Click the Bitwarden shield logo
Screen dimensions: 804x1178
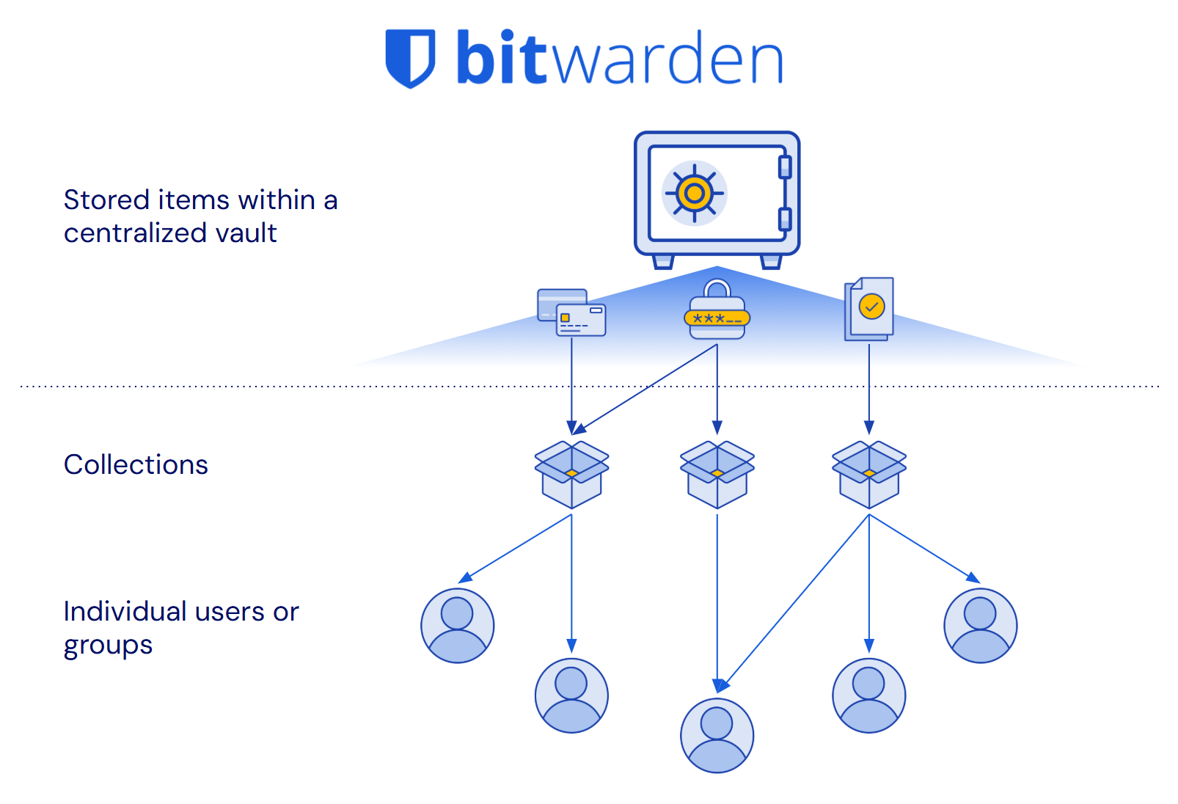click(410, 58)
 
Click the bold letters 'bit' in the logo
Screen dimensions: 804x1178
click(502, 58)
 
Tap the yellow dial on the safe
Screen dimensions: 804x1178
click(694, 194)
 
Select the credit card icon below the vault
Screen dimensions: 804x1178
click(572, 313)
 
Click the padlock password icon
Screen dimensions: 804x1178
click(717, 310)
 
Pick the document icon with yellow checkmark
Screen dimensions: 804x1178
click(869, 308)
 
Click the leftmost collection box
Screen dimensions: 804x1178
click(571, 474)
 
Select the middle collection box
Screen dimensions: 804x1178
click(717, 474)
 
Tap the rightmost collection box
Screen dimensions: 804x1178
click(869, 474)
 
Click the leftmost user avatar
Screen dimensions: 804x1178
click(458, 626)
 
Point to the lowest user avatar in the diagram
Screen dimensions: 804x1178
click(717, 735)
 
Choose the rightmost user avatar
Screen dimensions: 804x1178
click(980, 626)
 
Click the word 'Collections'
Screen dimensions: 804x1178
click(136, 465)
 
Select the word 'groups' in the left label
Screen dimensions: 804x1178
click(108, 646)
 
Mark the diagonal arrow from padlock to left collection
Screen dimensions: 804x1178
click(645, 389)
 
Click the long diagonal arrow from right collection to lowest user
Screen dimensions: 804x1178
click(796, 602)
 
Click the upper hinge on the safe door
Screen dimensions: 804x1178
click(785, 167)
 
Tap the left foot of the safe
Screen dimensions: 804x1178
click(663, 261)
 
